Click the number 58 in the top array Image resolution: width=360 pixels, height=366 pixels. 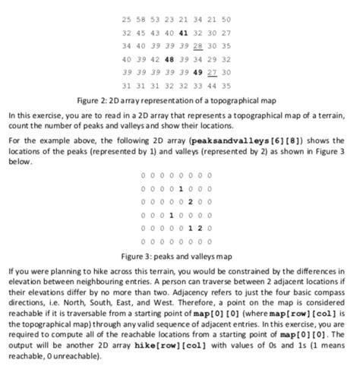pyautogui.click(x=141, y=19)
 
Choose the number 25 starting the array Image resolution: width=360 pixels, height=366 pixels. pyautogui.click(x=126, y=19)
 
